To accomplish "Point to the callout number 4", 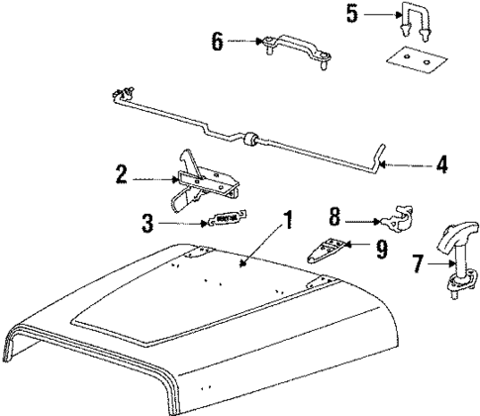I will pos(441,164).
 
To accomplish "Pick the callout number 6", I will pos(217,41).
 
